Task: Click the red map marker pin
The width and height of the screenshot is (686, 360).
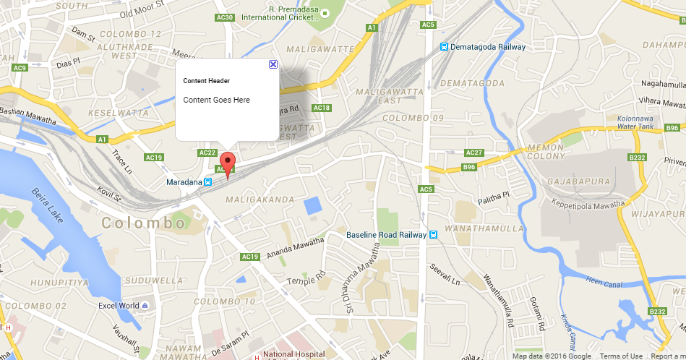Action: point(228,163)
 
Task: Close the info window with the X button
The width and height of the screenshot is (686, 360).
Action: point(273,64)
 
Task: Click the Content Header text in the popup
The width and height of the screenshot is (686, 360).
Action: point(206,81)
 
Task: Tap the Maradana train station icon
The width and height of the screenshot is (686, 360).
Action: point(207,182)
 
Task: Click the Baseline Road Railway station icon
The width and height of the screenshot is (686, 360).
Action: point(433,235)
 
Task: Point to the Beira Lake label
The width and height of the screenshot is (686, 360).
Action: point(48,205)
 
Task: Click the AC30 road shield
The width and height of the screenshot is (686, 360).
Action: point(225,17)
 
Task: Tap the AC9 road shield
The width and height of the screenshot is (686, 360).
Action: point(20,68)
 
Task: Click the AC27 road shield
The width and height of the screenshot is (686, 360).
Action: point(474,153)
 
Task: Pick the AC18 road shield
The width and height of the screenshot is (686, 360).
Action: point(322,108)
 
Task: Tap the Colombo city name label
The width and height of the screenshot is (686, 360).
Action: point(144,223)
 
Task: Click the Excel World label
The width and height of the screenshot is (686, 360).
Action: point(119,306)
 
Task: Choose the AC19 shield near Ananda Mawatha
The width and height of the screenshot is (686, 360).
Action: point(250,257)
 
